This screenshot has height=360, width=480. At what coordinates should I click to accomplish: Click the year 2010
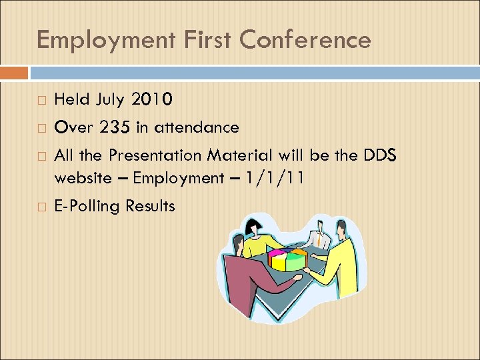click(153, 100)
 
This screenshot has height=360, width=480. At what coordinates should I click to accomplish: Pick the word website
click(83, 178)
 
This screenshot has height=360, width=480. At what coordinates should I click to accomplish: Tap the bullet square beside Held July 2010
click(41, 101)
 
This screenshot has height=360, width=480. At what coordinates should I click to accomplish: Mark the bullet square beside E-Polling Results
click(41, 207)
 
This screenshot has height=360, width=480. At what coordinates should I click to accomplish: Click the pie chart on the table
click(287, 259)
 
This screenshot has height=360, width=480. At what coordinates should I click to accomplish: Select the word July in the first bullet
click(109, 100)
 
